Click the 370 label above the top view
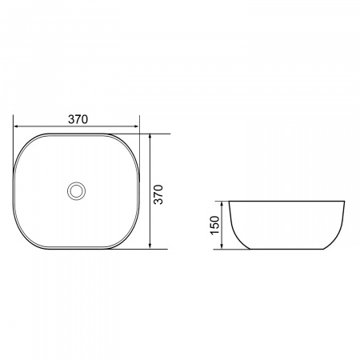[x=78, y=119]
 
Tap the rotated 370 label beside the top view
[x=158, y=194]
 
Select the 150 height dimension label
[x=215, y=226]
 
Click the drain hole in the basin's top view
[x=76, y=191]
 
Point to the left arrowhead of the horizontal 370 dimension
[x=16, y=126]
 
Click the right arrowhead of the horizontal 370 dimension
[x=137, y=126]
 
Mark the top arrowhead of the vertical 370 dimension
[x=150, y=136]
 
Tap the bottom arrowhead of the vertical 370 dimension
[x=150, y=246]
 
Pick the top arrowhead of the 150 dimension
[x=222, y=204]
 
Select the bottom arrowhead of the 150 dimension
[x=222, y=246]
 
